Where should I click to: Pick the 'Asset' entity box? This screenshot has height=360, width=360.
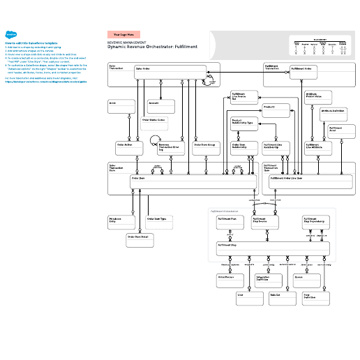[121, 105]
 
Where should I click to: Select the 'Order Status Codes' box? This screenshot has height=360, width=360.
[154, 121]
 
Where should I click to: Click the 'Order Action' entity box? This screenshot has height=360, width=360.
[129, 147]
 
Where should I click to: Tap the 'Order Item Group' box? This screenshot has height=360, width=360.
[205, 147]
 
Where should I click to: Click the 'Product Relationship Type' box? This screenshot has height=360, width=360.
[243, 124]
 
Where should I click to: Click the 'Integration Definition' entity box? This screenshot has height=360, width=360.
[267, 280]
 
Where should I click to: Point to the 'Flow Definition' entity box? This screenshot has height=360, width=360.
[315, 298]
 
